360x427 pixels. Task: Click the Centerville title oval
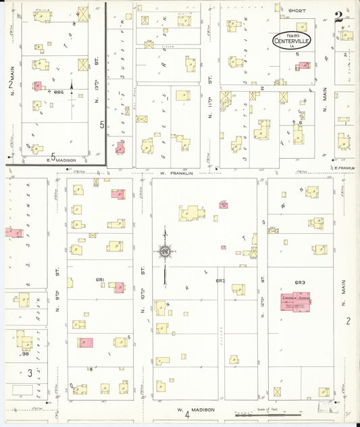pyautogui.click(x=292, y=39)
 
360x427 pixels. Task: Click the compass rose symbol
pyautogui.click(x=164, y=252)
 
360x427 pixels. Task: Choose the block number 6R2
pyautogui.click(x=220, y=280)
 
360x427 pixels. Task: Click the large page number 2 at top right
pyautogui.click(x=337, y=17)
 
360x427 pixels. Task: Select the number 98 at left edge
pyautogui.click(x=25, y=354)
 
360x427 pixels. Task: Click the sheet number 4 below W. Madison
pyautogui.click(x=186, y=419)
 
